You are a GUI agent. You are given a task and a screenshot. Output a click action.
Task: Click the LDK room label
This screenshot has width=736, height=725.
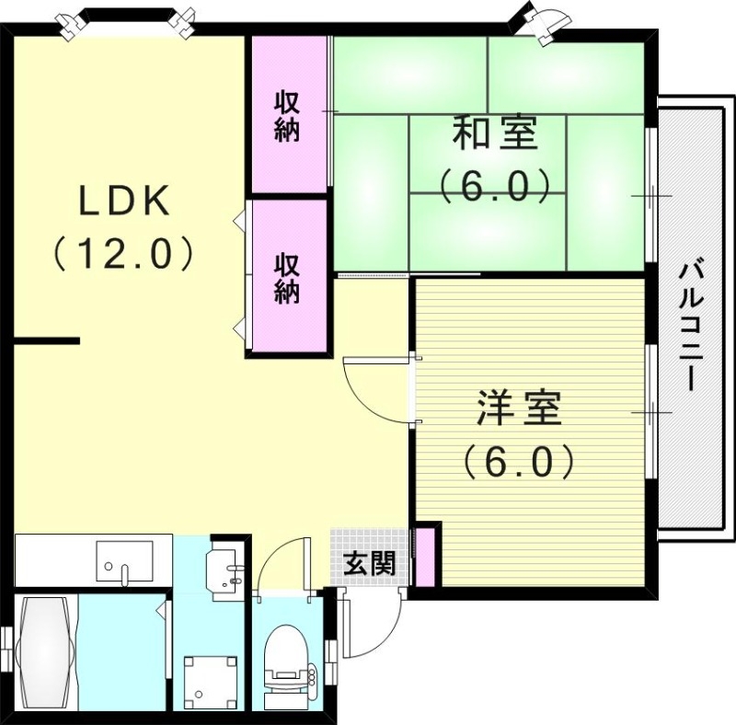[x=122, y=201]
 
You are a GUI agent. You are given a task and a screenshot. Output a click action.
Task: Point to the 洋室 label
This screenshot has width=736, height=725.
[x=519, y=409]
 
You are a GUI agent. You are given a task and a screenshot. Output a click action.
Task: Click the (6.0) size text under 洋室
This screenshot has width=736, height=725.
[x=519, y=460]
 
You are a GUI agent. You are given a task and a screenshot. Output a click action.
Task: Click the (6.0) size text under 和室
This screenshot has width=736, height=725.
[x=493, y=186]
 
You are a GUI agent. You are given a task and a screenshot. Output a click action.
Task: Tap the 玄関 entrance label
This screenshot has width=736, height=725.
[x=370, y=563]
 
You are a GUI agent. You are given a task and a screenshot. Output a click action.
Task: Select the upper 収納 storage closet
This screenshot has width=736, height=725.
[x=288, y=114]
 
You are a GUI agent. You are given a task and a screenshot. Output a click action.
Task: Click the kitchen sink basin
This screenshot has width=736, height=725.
[x=125, y=561]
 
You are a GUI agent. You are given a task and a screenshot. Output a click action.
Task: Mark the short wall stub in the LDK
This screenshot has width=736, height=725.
[x=46, y=341]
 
